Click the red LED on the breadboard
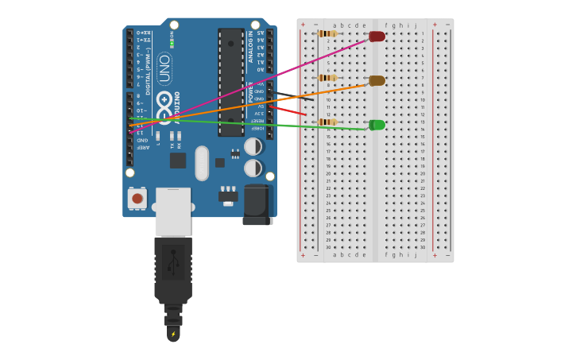[377, 37]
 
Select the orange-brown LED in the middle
[377, 80]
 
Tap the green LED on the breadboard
[377, 125]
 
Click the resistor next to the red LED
[327, 33]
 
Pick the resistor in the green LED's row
[327, 122]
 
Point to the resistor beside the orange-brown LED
[327, 78]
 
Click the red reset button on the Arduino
[137, 198]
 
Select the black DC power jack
[257, 204]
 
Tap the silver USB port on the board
[172, 211]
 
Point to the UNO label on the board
[164, 68]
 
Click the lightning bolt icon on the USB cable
[173, 334]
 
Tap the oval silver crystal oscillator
[202, 162]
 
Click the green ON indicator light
[172, 43]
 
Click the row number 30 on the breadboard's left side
[328, 247]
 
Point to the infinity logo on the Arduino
[165, 108]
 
